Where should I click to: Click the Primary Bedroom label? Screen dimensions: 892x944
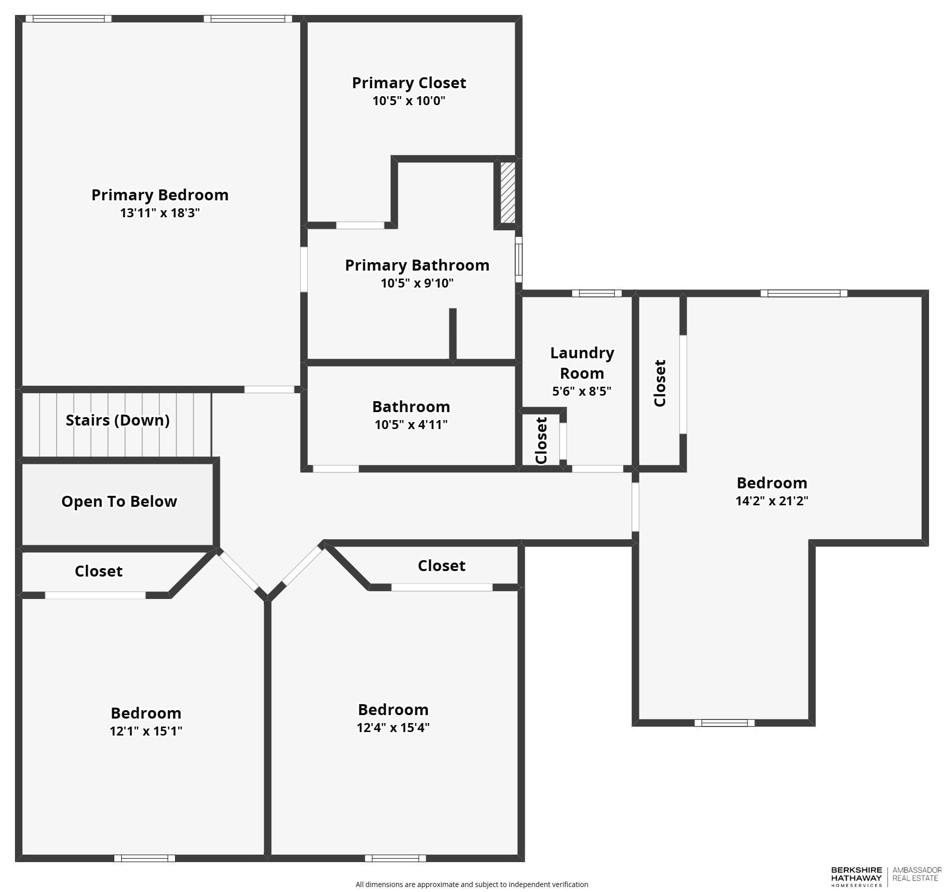[160, 195]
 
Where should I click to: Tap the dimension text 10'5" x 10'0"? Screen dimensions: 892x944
[408, 101]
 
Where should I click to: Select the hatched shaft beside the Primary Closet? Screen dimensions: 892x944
[508, 192]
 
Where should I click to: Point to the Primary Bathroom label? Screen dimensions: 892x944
[417, 265]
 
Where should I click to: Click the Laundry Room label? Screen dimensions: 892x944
[582, 363]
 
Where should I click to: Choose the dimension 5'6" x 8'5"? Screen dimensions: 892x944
[581, 391]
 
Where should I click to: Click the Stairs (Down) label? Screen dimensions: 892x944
[118, 420]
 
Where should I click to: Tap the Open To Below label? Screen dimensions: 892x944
[119, 501]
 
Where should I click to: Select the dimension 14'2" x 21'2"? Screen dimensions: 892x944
[771, 501]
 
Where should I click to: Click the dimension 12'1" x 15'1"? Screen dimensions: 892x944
[146, 731]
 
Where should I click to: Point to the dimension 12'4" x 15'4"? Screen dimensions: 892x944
[393, 728]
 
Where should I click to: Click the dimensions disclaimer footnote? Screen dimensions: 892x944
[471, 884]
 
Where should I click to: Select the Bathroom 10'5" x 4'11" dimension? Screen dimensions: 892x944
[411, 425]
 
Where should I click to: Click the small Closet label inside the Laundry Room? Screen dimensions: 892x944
[542, 441]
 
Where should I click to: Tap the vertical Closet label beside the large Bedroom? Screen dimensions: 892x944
[660, 383]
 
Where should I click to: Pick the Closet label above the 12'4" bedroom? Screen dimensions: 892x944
[441, 566]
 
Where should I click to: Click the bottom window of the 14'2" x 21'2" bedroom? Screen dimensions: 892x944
[724, 723]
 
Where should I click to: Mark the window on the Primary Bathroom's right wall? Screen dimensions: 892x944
[519, 260]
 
